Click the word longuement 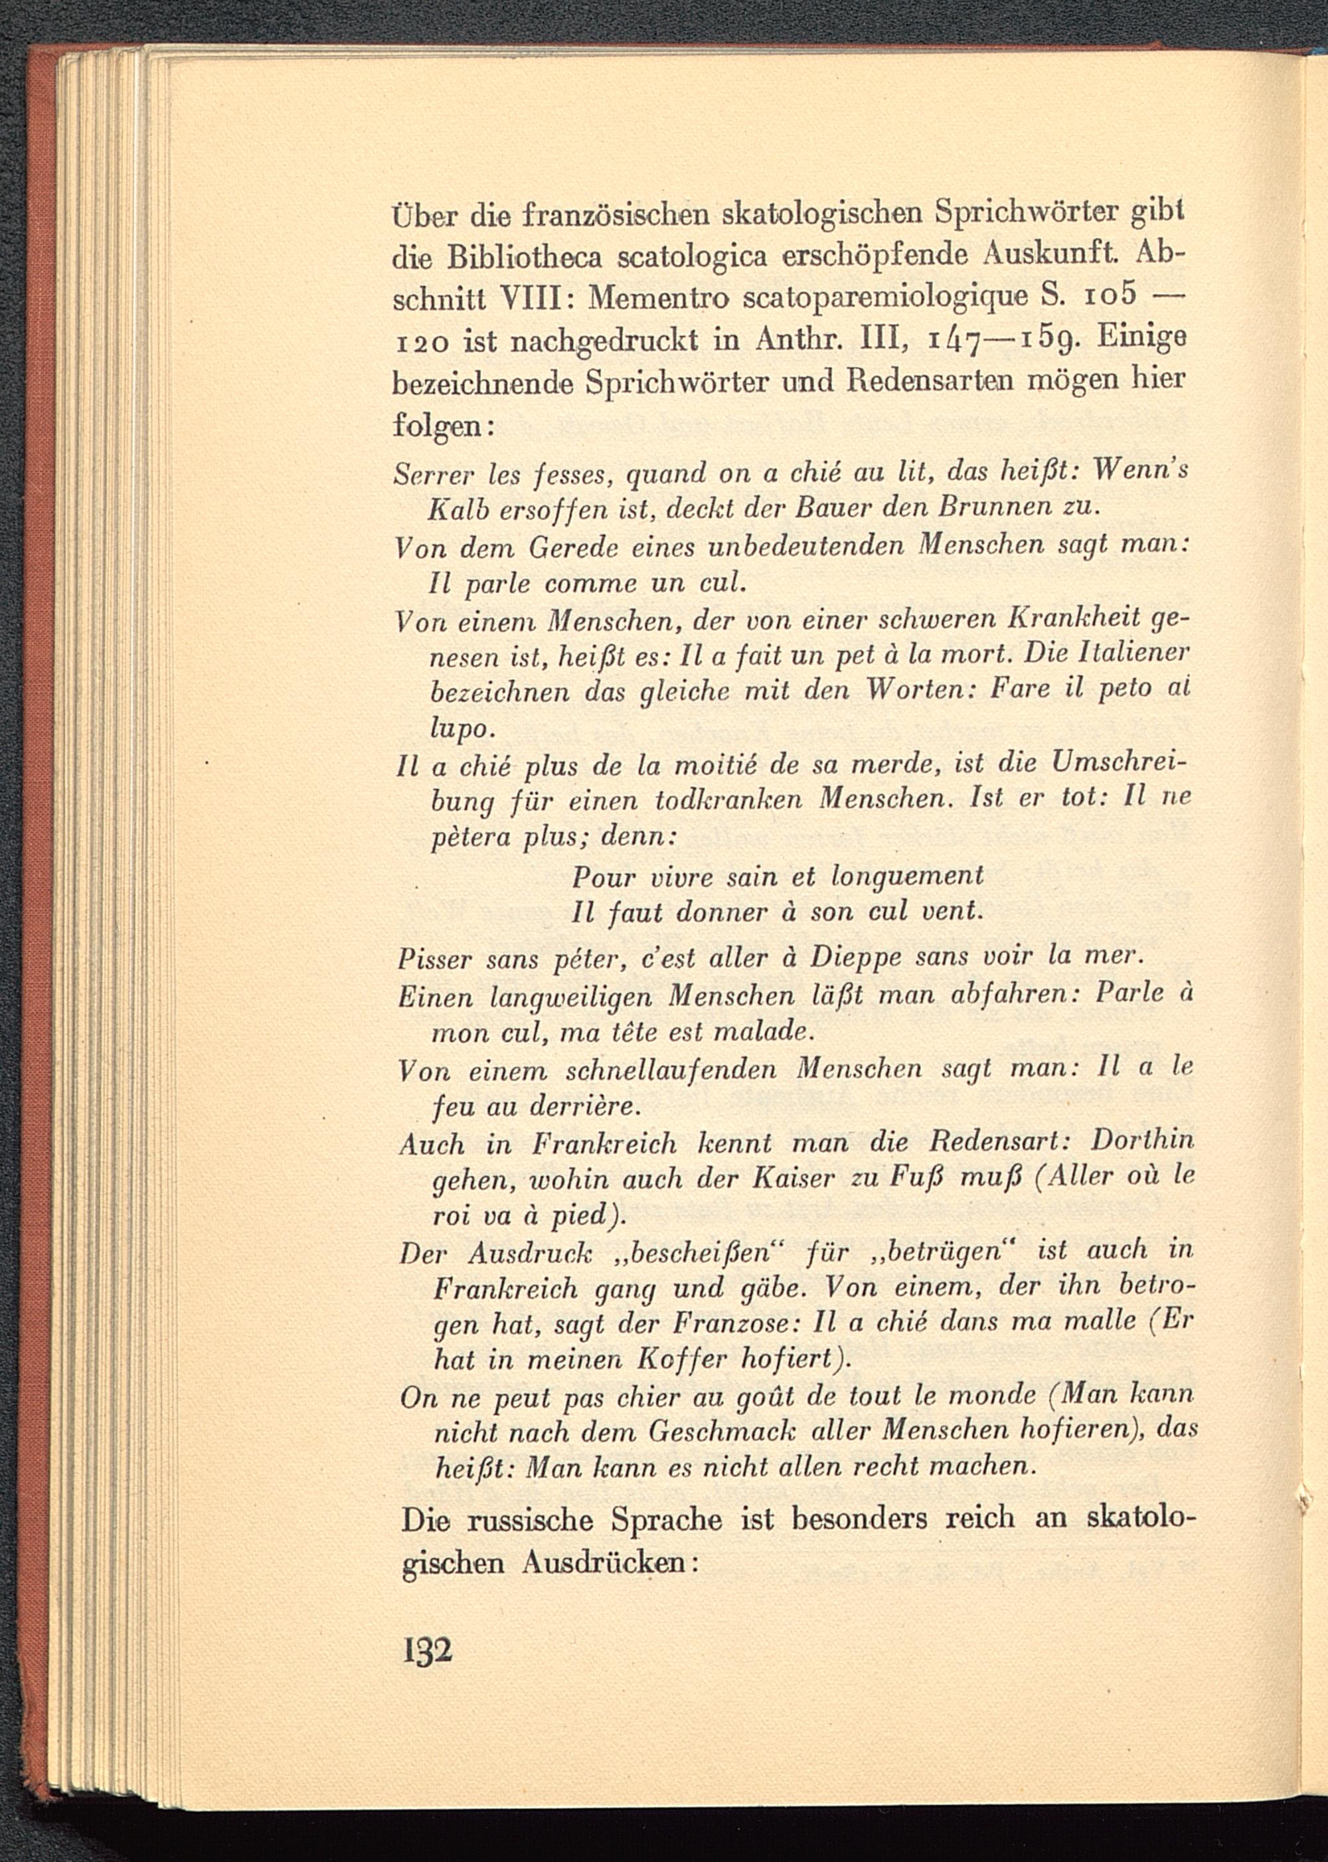pos(907,877)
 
